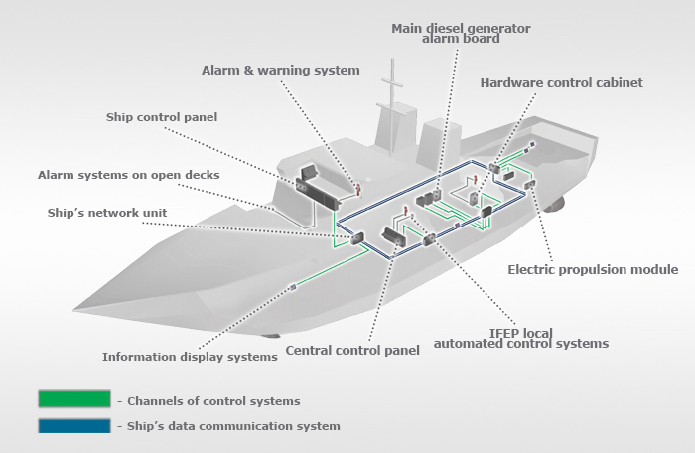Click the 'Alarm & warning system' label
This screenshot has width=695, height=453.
(281, 71)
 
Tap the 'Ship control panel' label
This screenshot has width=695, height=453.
(162, 117)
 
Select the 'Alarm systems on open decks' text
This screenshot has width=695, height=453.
(128, 175)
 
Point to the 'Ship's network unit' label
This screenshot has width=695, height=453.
(107, 213)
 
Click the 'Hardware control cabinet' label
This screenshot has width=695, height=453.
(562, 83)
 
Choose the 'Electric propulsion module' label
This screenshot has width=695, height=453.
(593, 270)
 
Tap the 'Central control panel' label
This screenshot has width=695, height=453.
(352, 350)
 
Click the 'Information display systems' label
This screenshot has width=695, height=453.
(191, 357)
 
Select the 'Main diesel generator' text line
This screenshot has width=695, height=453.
(461, 29)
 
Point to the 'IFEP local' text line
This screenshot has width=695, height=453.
(521, 333)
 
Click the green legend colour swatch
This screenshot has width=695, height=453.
(74, 399)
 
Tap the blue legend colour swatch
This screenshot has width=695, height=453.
(74, 426)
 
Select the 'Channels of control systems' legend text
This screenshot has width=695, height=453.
(213, 401)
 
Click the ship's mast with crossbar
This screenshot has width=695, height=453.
(392, 107)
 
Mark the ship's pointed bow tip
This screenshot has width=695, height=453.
(74, 310)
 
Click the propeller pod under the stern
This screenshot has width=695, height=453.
(556, 205)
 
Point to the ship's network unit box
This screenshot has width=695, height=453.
(357, 238)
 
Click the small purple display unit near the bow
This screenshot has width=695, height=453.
(293, 287)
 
